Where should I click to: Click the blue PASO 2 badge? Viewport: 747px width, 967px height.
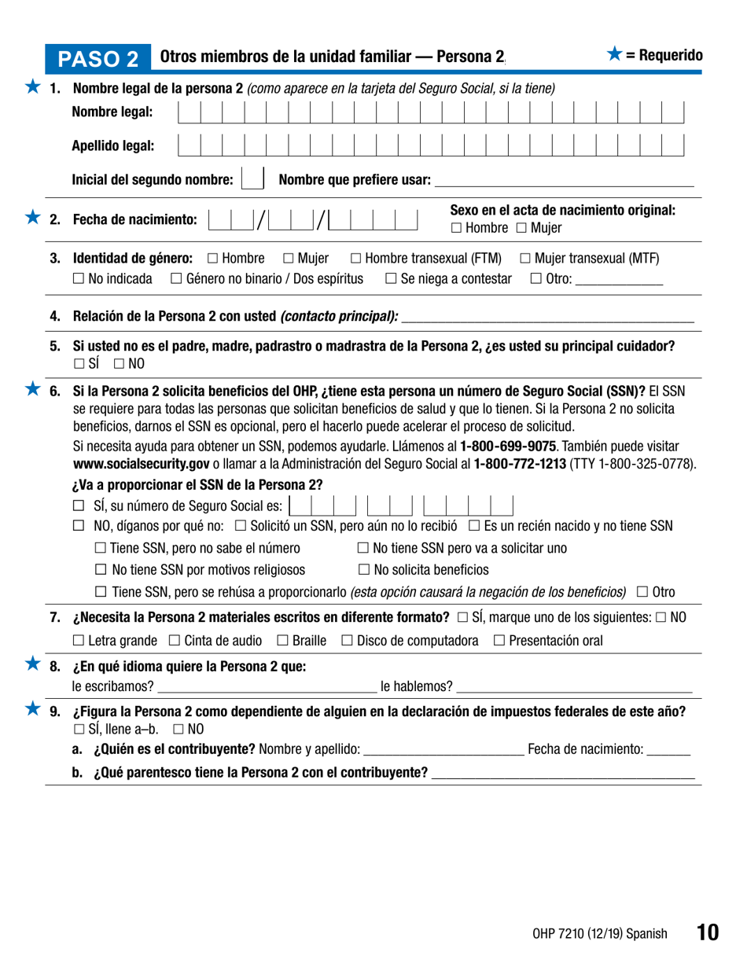tap(106, 57)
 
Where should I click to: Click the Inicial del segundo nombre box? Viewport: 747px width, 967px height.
tap(252, 178)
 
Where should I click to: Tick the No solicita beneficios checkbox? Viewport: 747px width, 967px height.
tap(364, 569)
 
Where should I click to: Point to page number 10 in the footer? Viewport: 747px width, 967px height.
tap(707, 933)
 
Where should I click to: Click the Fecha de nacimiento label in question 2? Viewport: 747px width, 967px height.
tap(134, 220)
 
